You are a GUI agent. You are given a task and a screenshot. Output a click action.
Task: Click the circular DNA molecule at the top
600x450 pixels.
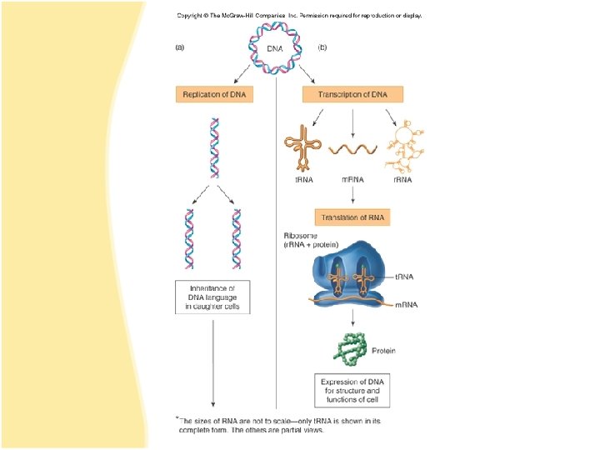pos(275,47)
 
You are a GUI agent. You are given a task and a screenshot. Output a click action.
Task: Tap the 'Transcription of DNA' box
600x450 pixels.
pos(352,94)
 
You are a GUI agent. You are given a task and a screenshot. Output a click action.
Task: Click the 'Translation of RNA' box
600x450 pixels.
pos(352,218)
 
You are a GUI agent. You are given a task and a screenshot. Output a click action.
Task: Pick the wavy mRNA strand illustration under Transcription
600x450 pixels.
pos(352,149)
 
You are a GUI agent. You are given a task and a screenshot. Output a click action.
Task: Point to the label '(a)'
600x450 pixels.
pos(179,47)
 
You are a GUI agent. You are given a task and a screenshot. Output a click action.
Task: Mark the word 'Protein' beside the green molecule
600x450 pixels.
pos(384,351)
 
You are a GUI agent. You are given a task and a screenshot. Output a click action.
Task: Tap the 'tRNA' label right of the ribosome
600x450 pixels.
pos(406,276)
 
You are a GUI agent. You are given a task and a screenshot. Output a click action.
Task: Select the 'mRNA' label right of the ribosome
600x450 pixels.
pos(407,304)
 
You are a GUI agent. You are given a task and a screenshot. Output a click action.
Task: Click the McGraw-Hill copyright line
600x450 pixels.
pos(299,15)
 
